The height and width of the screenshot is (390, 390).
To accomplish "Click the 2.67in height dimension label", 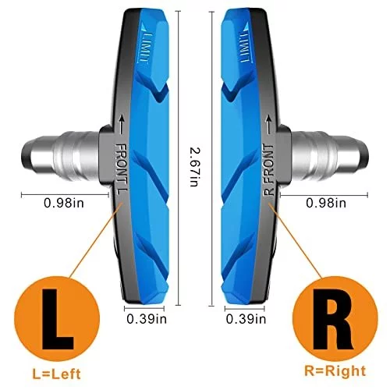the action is [x=194, y=167].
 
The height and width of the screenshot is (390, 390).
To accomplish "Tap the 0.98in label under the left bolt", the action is [x=64, y=203].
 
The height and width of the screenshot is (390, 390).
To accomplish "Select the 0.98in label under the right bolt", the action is [x=326, y=203].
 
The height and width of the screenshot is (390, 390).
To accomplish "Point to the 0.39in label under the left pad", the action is [x=147, y=319].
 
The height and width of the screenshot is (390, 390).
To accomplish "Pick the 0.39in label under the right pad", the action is [x=246, y=319].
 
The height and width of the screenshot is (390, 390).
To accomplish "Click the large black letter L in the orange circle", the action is [x=58, y=319].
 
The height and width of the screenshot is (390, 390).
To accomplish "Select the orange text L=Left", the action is [x=56, y=374].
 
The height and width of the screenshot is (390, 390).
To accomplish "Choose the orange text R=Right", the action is [x=335, y=371].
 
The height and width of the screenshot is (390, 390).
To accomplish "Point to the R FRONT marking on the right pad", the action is [x=269, y=169].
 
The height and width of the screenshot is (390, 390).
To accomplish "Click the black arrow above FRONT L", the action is [x=121, y=125].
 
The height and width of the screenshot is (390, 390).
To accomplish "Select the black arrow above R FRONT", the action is [x=268, y=125].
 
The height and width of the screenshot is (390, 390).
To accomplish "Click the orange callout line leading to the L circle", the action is [x=96, y=240].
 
